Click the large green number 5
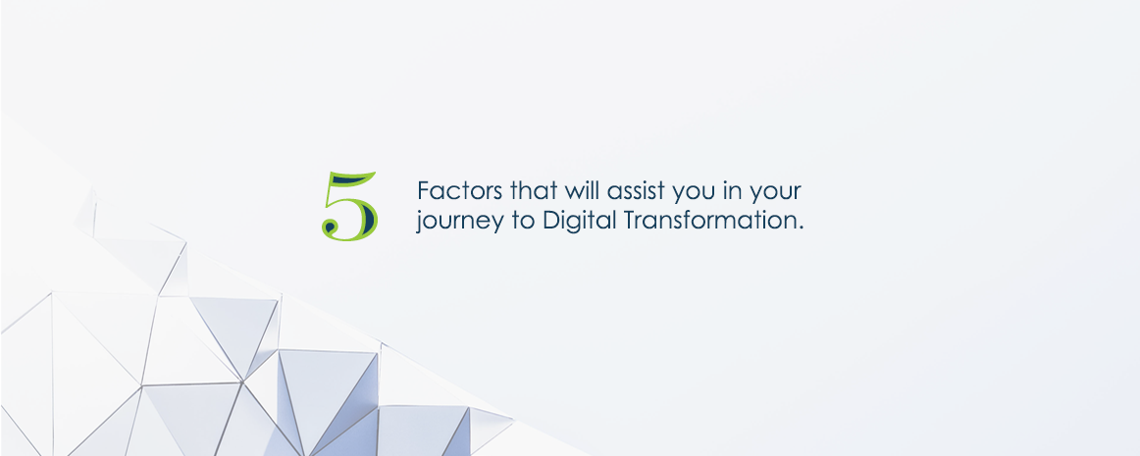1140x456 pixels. [349, 207]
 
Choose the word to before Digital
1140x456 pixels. [524, 221]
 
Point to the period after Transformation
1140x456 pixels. [801, 228]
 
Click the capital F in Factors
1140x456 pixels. [424, 191]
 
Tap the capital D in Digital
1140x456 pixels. [552, 221]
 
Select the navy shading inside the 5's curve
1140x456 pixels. [368, 217]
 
